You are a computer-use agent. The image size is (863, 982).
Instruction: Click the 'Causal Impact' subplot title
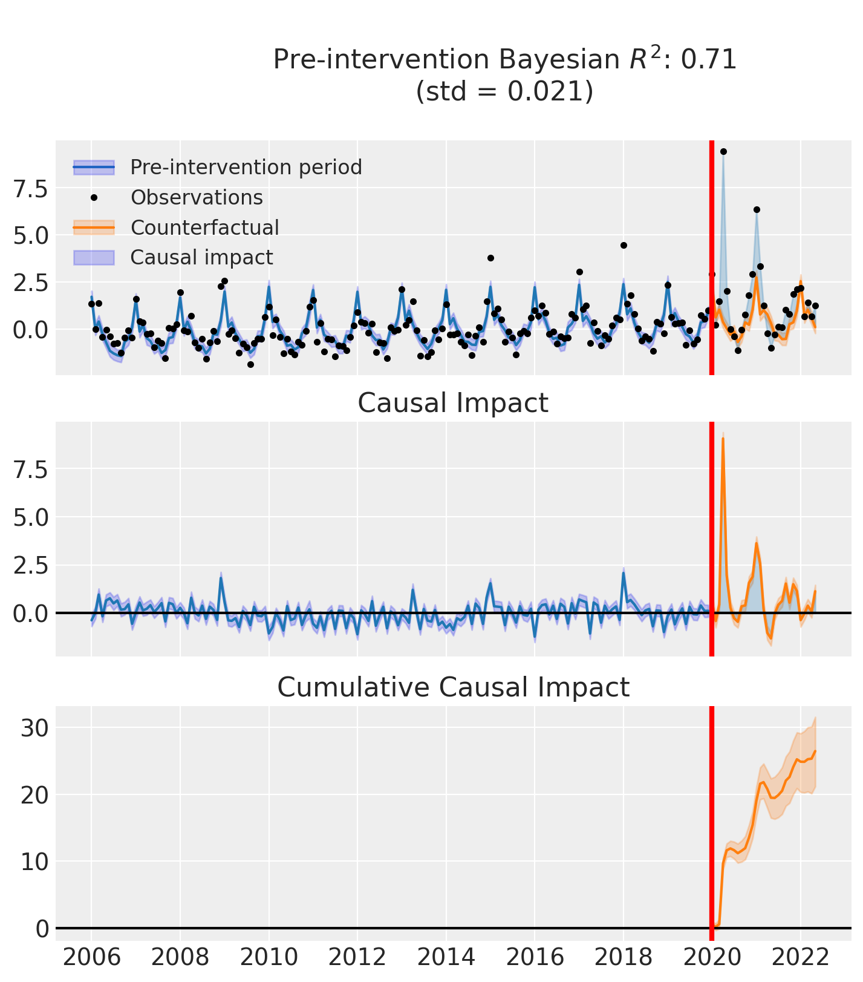453,403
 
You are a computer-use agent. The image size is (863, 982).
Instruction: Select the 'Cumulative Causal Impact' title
453,687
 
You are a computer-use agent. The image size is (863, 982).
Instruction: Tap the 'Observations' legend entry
197,197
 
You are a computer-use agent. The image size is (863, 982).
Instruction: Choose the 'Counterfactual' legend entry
204,227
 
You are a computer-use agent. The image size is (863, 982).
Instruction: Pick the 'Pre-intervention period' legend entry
246,167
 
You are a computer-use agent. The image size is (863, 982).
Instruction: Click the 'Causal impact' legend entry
201,257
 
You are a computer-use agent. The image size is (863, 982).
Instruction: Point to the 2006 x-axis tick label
91,958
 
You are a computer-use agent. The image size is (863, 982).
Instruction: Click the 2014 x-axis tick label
446,958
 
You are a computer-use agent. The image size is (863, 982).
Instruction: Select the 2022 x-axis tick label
800,958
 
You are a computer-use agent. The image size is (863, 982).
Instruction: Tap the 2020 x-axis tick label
712,958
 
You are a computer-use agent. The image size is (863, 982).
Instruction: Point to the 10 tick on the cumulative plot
34,861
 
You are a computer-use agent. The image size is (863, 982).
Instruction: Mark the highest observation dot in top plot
723,151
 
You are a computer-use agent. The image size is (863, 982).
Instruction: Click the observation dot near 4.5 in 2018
624,245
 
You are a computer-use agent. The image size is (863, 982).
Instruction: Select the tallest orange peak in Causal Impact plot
723,438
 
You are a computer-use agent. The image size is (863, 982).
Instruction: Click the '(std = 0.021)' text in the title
504,91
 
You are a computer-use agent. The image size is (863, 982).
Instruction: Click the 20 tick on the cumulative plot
34,794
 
